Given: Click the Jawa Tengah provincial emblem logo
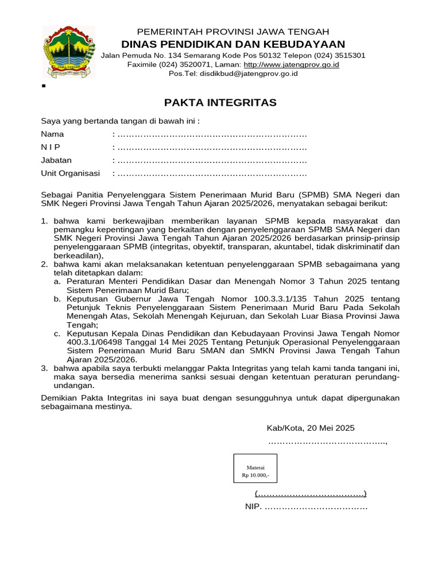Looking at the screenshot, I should click(64, 52).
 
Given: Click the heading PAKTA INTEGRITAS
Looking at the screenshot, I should click(220, 103).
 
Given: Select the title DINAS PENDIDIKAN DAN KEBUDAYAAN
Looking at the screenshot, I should click(233, 44).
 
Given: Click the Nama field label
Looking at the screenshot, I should click(52, 134).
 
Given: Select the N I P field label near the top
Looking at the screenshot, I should click(51, 148).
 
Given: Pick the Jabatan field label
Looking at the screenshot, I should click(56, 160).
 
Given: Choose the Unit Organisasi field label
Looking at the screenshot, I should click(70, 173).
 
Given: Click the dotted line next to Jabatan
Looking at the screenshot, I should click(212, 161).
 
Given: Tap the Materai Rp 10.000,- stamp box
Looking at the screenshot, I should click(255, 468).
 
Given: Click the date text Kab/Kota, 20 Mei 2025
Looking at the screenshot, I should click(311, 428).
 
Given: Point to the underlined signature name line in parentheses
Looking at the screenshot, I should click(311, 494).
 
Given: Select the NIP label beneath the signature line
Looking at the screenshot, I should click(252, 507).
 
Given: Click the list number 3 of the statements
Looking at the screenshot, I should click(44, 367).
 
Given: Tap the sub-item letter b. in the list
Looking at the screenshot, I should click(57, 299).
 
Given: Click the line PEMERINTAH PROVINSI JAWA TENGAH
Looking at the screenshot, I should click(233, 32).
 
